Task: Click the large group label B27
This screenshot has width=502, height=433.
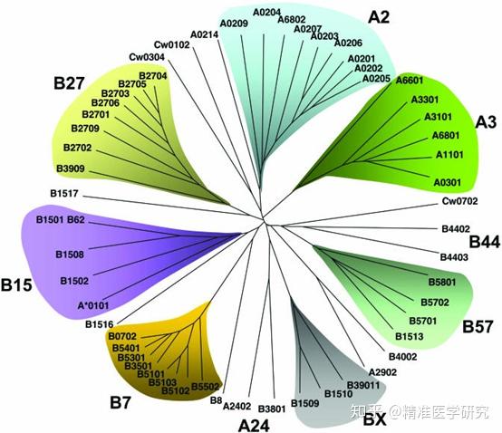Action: click(69, 83)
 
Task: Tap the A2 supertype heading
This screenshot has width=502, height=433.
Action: click(379, 17)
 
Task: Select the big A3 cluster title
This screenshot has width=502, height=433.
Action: click(486, 122)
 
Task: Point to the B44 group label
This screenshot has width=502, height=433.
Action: click(485, 242)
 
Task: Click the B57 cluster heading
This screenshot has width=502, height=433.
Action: click(478, 327)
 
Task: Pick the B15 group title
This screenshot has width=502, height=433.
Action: click(16, 284)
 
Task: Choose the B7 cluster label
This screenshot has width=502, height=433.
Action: click(121, 402)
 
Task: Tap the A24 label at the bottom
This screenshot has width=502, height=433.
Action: click(254, 426)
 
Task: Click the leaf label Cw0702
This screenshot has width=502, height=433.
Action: click(459, 201)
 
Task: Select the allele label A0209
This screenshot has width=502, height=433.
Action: click(234, 24)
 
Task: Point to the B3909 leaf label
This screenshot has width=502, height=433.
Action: click(71, 168)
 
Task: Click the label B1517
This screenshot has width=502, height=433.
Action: click(64, 193)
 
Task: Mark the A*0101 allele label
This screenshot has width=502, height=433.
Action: click(93, 305)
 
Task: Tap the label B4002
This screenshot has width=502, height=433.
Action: click(402, 357)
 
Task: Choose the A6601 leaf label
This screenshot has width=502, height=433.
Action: click(410, 80)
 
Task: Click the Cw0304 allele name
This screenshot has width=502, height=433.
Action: click(147, 57)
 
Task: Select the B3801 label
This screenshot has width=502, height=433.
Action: click(272, 409)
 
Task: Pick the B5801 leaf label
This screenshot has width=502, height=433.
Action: click(442, 282)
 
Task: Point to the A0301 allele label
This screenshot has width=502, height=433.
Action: click(448, 182)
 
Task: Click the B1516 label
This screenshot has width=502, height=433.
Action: click(100, 324)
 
